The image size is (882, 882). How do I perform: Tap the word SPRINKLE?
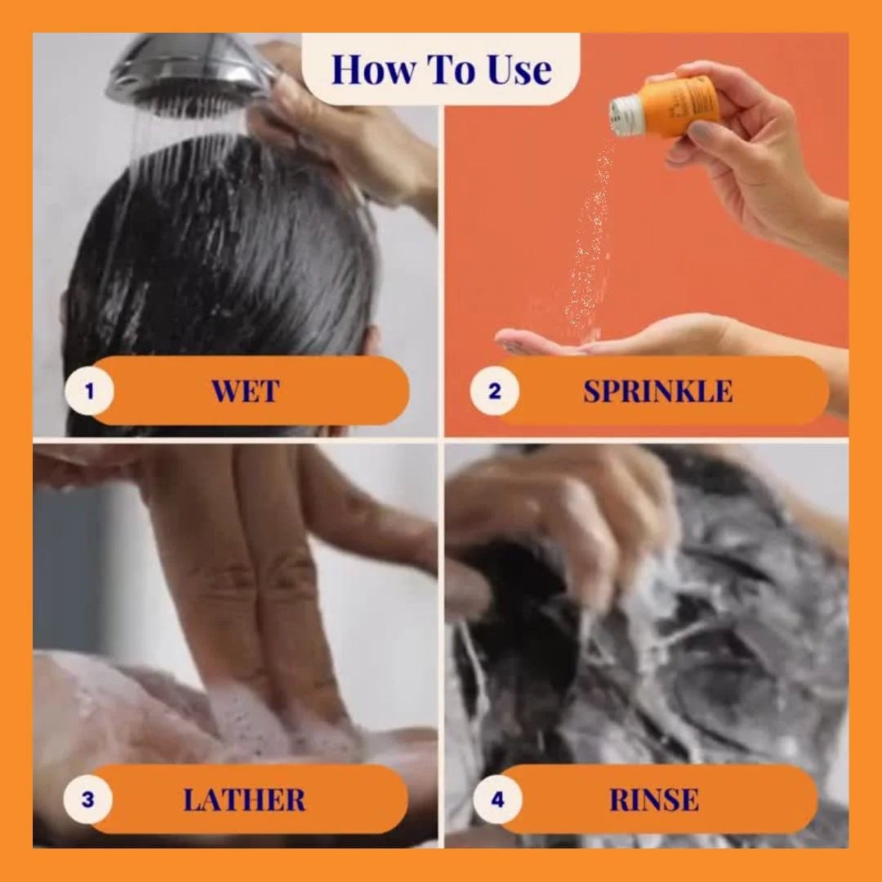coord(657,391)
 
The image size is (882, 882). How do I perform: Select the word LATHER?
coord(244,800)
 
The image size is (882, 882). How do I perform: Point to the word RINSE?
coord(654,800)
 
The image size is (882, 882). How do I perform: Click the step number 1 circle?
coord(89,391)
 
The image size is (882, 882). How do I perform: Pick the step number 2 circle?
coord(494,391)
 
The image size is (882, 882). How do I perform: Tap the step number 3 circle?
coord(87,800)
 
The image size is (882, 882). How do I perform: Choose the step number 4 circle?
coord(497,800)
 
